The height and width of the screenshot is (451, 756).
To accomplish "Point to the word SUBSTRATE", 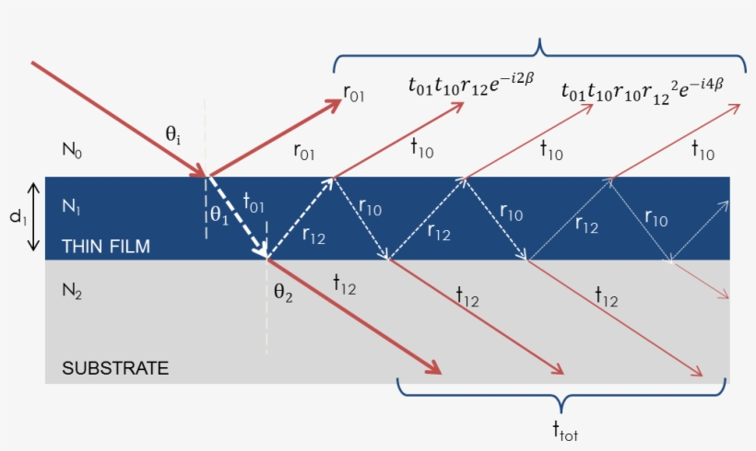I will click(x=115, y=368).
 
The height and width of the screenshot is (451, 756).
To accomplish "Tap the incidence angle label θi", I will click(x=172, y=135).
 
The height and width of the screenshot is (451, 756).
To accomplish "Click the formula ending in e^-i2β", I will click(x=470, y=87).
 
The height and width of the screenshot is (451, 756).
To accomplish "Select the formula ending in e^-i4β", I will click(x=643, y=89).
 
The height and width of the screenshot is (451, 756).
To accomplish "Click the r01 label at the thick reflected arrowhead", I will click(x=354, y=92).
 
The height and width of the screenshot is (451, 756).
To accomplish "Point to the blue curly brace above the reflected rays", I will click(x=539, y=52).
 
